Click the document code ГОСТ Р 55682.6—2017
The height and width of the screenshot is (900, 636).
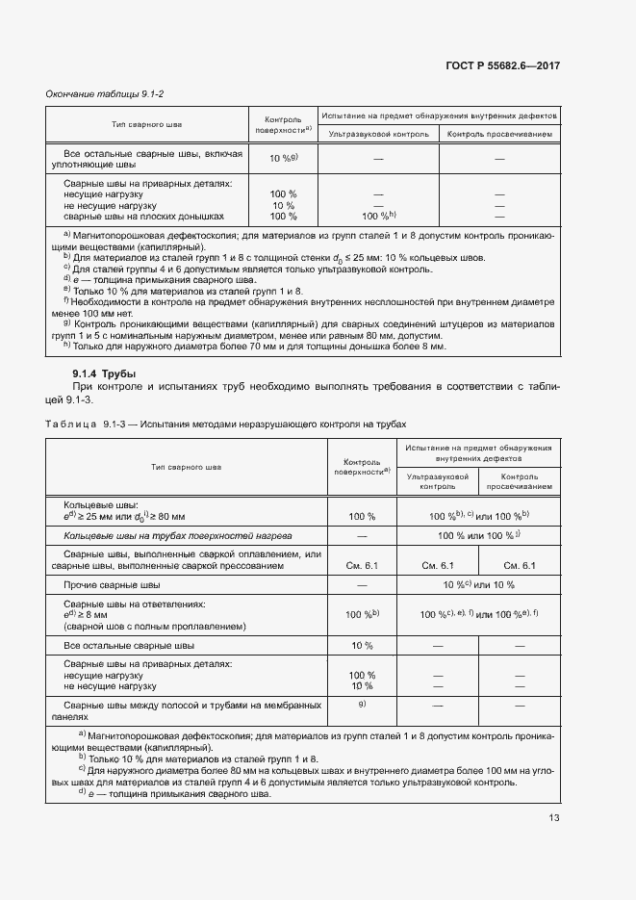pyautogui.click(x=502, y=65)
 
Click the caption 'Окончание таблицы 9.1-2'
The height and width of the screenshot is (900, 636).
pyautogui.click(x=93, y=93)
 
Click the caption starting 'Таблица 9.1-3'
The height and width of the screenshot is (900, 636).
pyautogui.click(x=225, y=424)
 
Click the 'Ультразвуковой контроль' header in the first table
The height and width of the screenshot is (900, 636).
pyautogui.click(x=378, y=135)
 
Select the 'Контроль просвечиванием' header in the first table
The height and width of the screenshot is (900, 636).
pyautogui.click(x=499, y=135)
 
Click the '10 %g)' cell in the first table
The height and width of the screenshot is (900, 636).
pyautogui.click(x=284, y=158)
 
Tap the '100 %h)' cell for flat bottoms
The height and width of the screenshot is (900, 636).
pyautogui.click(x=378, y=217)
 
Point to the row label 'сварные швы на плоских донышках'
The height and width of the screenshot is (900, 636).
pyautogui.click(x=143, y=217)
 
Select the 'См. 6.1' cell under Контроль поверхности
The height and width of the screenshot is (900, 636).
pyautogui.click(x=361, y=565)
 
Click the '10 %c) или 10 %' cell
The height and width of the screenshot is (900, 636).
pyautogui.click(x=479, y=585)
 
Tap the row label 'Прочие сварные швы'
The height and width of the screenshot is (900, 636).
pyautogui.click(x=112, y=585)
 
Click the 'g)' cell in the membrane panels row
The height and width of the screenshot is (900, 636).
pyautogui.click(x=362, y=706)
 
